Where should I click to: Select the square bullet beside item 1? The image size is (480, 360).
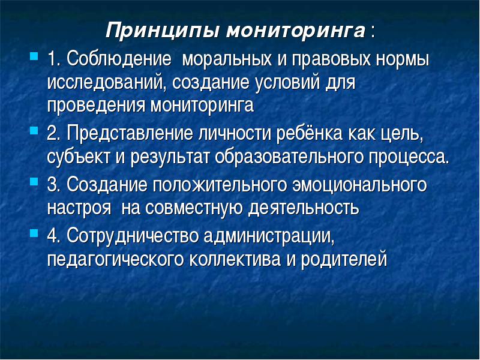(34, 56)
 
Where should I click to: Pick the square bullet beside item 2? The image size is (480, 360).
(34, 131)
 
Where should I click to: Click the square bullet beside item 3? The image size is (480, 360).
(34, 182)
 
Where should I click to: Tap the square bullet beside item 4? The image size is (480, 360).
(34, 233)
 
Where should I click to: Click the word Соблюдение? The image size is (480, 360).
(119, 58)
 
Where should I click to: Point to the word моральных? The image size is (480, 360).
(227, 59)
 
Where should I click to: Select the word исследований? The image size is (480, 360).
(104, 83)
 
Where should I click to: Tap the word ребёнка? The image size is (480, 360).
(309, 133)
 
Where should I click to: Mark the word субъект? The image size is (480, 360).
(79, 157)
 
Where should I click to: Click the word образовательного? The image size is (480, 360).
(289, 157)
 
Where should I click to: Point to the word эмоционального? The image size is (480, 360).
(359, 185)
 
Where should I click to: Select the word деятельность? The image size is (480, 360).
(304, 208)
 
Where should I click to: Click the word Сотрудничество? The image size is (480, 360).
(133, 236)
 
